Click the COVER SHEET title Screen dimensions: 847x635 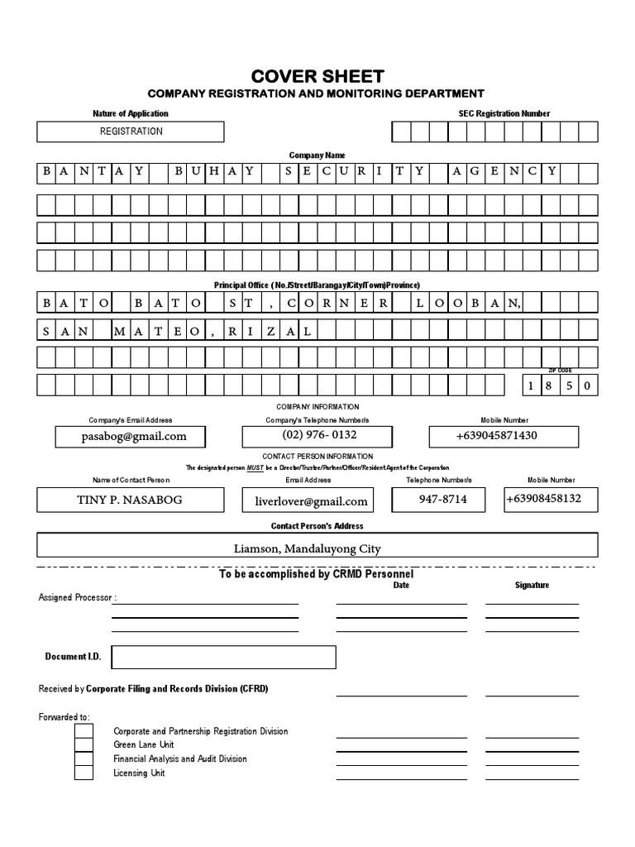point(317,76)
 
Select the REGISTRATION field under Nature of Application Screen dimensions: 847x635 point(131,132)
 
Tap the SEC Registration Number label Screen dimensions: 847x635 point(504,113)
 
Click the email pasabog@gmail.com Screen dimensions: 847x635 point(134,436)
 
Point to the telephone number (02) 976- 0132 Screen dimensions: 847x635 point(320,435)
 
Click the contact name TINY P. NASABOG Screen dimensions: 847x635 point(131,500)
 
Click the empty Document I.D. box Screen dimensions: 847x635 point(223,657)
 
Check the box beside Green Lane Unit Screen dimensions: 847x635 point(84,744)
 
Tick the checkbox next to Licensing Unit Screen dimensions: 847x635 point(84,773)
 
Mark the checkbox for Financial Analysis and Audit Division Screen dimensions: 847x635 point(84,758)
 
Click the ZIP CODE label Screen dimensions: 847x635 point(560,371)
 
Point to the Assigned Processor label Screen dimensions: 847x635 point(77,597)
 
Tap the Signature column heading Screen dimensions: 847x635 point(532,585)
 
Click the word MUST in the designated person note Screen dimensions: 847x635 point(255,468)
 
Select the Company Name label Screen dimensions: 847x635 point(317,155)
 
